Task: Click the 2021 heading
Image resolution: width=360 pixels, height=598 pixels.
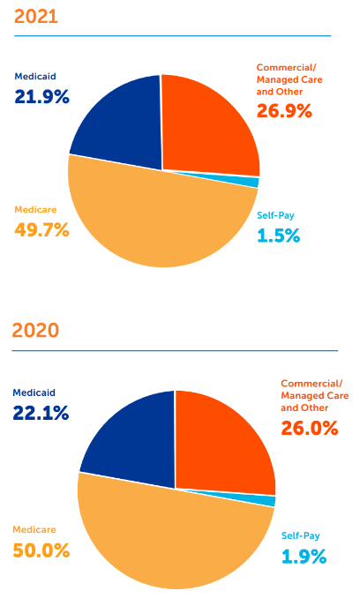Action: tap(35, 15)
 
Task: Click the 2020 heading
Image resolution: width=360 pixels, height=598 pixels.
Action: tap(35, 331)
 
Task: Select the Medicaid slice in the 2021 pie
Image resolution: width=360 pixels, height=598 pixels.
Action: tap(119, 123)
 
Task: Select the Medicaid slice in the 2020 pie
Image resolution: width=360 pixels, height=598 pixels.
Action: tap(132, 441)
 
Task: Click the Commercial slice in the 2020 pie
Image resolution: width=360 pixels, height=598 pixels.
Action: tap(225, 441)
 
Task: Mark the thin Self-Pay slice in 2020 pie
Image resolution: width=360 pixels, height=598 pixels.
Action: tap(269, 501)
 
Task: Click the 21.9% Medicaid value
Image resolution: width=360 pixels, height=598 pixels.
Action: tap(41, 96)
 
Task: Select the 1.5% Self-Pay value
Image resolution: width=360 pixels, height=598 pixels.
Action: tap(278, 235)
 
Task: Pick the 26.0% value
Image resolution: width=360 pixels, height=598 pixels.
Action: tap(310, 427)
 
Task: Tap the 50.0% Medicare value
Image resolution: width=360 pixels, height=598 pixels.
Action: tap(41, 550)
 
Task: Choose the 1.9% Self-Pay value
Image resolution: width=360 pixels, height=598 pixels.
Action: tap(304, 556)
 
